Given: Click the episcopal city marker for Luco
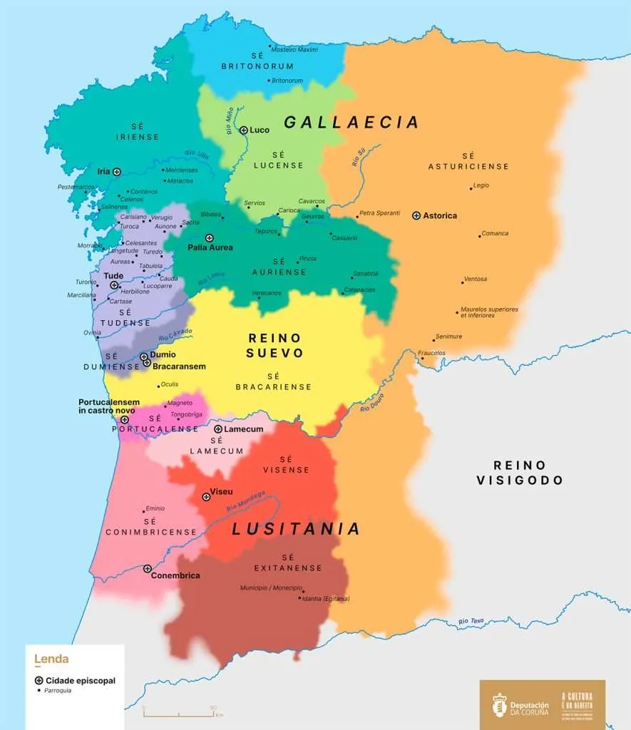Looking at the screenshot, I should click(x=244, y=130).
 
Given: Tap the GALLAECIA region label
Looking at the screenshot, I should click(x=351, y=123).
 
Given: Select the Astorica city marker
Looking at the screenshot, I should click(x=416, y=215).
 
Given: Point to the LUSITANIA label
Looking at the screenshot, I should click(x=296, y=529).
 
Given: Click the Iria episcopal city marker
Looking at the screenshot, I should click(x=116, y=171).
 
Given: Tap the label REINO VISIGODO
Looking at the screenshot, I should click(x=520, y=473).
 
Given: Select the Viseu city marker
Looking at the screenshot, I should click(x=206, y=496).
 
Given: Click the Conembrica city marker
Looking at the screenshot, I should click(x=148, y=569).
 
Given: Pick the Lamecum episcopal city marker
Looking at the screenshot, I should click(x=218, y=429).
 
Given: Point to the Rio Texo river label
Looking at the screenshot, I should click(x=471, y=622).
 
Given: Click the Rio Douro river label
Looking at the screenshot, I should click(x=372, y=403).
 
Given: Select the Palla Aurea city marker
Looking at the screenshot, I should click(x=209, y=238).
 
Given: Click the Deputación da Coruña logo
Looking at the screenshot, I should click(x=522, y=704).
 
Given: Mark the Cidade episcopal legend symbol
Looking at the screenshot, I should click(x=39, y=680).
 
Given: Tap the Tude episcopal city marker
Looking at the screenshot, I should click(x=114, y=285).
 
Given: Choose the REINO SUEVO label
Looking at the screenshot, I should click(x=275, y=345).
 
